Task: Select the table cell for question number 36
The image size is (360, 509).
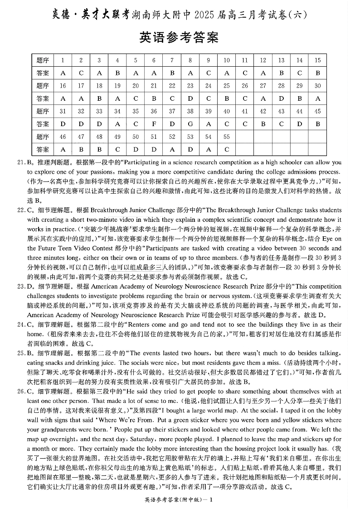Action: point(154,111)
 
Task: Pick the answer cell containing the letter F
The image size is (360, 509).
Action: point(154,124)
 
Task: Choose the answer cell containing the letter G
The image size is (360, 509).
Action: point(190,124)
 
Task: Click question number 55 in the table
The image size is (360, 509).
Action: point(227,137)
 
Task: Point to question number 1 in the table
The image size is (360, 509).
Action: point(63,60)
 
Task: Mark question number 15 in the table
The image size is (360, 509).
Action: point(317,60)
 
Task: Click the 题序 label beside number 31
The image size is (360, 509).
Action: point(43,111)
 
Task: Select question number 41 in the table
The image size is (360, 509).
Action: point(245,111)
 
